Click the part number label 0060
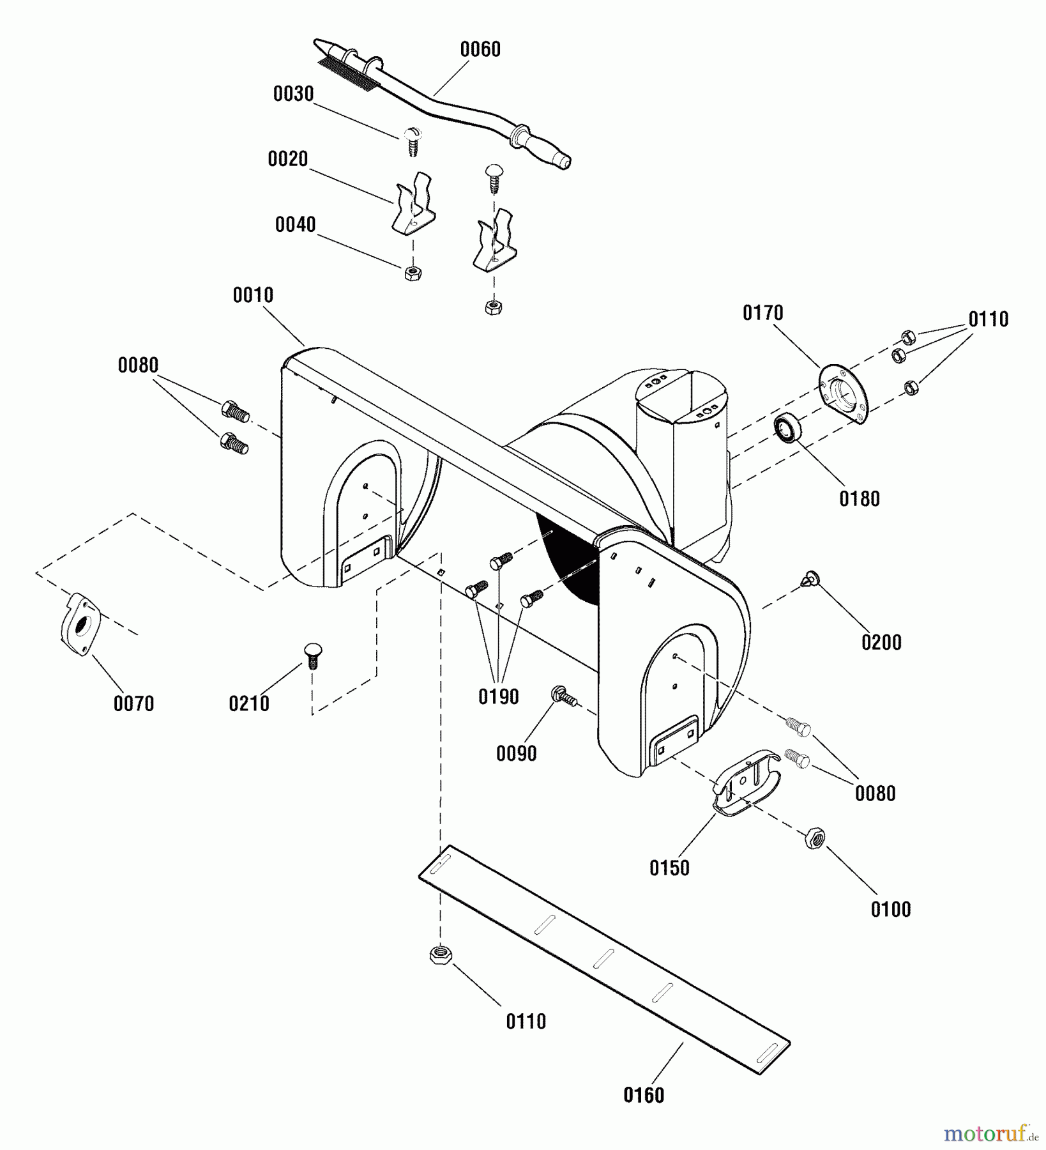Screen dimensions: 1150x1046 (x=480, y=49)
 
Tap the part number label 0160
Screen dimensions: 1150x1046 (x=644, y=1095)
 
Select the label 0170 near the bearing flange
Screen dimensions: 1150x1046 (x=762, y=313)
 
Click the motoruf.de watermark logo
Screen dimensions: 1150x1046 (x=990, y=1134)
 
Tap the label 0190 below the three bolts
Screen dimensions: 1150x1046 (x=498, y=696)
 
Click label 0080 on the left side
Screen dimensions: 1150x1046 (x=138, y=365)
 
